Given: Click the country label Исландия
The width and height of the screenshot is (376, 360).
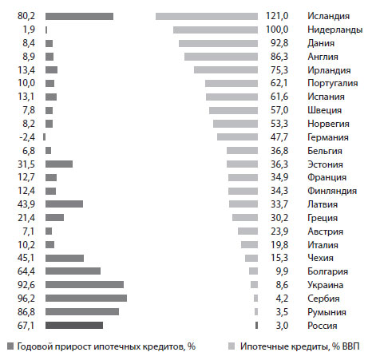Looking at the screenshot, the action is pyautogui.click(x=328, y=16).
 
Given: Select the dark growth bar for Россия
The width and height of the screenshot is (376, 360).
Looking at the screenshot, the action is pyautogui.click(x=74, y=325).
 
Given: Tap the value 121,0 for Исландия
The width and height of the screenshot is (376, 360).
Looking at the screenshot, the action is pyautogui.click(x=277, y=16).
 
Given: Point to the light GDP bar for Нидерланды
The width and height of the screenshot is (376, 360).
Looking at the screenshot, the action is pyautogui.click(x=216, y=30).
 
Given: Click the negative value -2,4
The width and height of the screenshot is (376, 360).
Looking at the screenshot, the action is pyautogui.click(x=27, y=137).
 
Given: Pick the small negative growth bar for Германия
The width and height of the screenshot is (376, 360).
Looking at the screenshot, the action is pyautogui.click(x=45, y=137).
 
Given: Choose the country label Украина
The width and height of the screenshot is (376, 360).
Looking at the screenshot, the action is pyautogui.click(x=325, y=285).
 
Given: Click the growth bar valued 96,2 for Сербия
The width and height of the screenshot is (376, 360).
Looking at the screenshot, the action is pyautogui.click(x=86, y=298).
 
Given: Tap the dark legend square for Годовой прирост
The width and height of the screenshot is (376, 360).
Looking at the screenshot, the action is pyautogui.click(x=10, y=346).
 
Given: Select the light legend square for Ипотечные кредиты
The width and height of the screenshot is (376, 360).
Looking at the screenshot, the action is pyautogui.click(x=232, y=346).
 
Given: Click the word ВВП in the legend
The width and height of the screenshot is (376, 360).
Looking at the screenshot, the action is pyautogui.click(x=350, y=346).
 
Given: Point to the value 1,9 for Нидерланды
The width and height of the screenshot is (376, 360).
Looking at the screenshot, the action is pyautogui.click(x=29, y=30).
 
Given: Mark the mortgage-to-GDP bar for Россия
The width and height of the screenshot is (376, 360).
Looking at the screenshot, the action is pyautogui.click(x=256, y=325).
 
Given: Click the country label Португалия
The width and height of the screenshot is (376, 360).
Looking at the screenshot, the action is pyautogui.click(x=333, y=83).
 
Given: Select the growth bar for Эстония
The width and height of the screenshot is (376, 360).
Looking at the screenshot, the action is pyautogui.click(x=59, y=164).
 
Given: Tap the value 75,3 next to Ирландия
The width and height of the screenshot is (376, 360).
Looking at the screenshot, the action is pyautogui.click(x=279, y=70).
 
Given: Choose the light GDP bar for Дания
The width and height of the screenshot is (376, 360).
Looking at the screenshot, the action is pyautogui.click(x=218, y=43).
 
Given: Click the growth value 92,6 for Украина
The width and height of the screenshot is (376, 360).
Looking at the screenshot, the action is pyautogui.click(x=26, y=285).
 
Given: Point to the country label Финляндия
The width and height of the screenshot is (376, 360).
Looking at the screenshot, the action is pyautogui.click(x=332, y=191).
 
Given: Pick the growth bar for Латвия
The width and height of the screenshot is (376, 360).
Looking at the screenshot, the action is pyautogui.click(x=64, y=204).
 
